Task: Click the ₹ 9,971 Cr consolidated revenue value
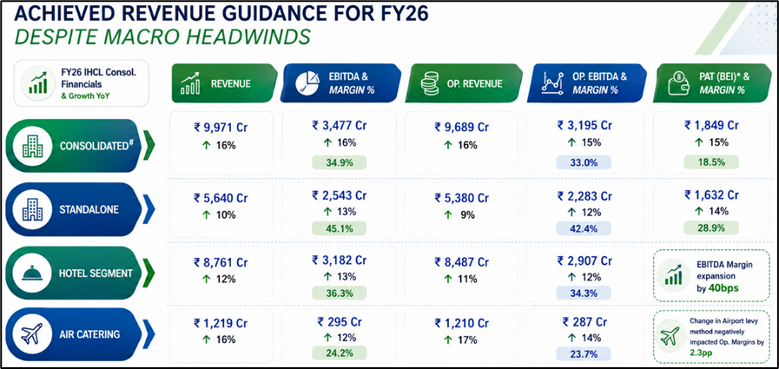221,127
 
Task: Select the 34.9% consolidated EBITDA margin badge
339,162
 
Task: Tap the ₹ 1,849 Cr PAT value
711,125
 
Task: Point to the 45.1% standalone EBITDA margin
339,228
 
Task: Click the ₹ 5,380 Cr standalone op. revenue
461,198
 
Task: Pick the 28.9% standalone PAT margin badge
711,228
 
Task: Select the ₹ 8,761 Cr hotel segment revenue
221,262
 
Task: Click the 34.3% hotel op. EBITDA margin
584,293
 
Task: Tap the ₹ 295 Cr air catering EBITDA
339,322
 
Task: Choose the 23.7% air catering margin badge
584,353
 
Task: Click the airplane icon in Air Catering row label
32,333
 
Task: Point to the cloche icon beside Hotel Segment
32,273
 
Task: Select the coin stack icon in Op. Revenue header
429,83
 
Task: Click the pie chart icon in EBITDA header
308,83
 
